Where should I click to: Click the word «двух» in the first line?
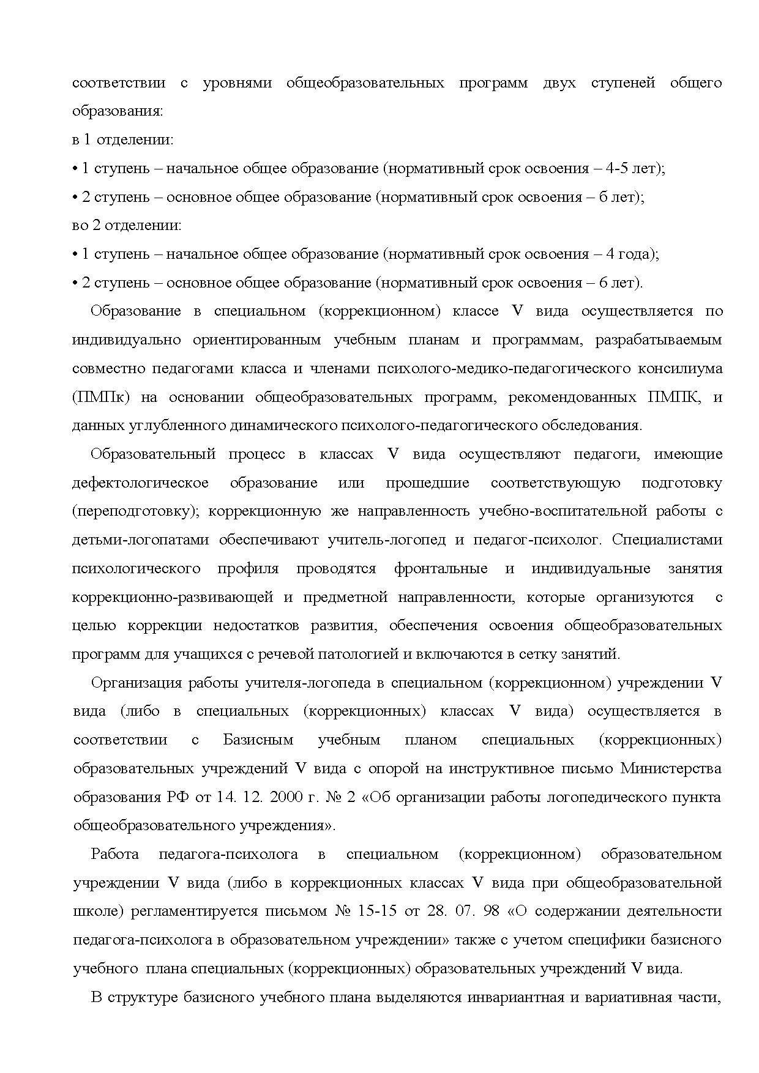559,83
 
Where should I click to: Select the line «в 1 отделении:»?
123,140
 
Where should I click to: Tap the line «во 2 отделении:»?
127,226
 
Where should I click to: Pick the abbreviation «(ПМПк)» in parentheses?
101,397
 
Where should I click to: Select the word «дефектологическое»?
140,483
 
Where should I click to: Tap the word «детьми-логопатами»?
140,540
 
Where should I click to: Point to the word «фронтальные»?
441,568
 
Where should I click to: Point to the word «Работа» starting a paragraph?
115,854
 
